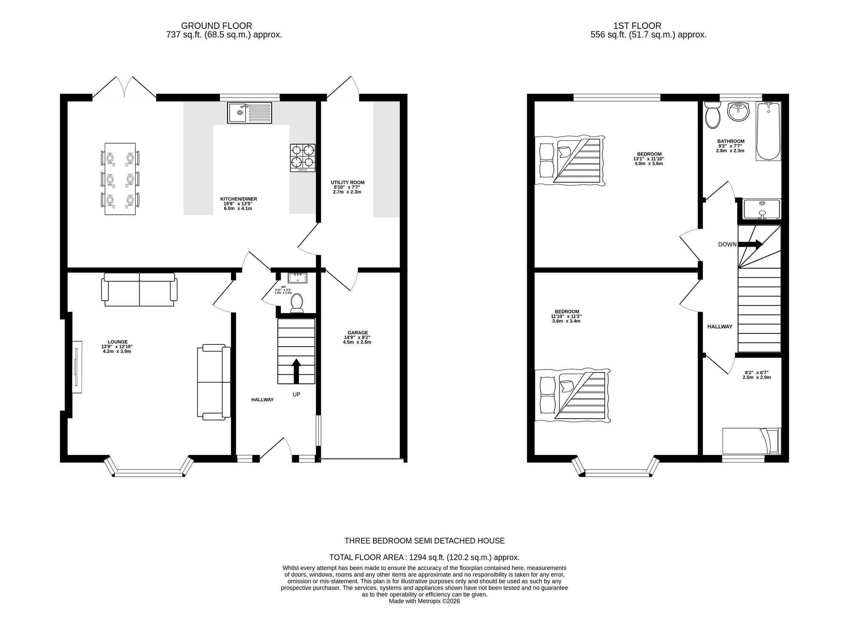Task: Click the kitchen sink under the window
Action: (249, 113)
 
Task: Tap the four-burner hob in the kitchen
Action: (303, 158)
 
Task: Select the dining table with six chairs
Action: (120, 179)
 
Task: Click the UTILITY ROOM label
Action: (348, 183)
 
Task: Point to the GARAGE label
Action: (357, 333)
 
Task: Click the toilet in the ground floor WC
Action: (297, 303)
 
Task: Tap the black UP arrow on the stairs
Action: (296, 370)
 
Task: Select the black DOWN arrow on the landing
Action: (751, 244)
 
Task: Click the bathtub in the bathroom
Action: (768, 131)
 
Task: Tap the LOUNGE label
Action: (118, 341)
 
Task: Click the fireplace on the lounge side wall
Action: (77, 367)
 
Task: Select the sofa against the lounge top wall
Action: (139, 289)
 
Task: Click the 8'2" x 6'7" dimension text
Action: (756, 375)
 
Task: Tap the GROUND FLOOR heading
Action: (216, 26)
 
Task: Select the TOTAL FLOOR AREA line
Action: (424, 557)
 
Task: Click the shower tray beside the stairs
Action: (762, 209)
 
